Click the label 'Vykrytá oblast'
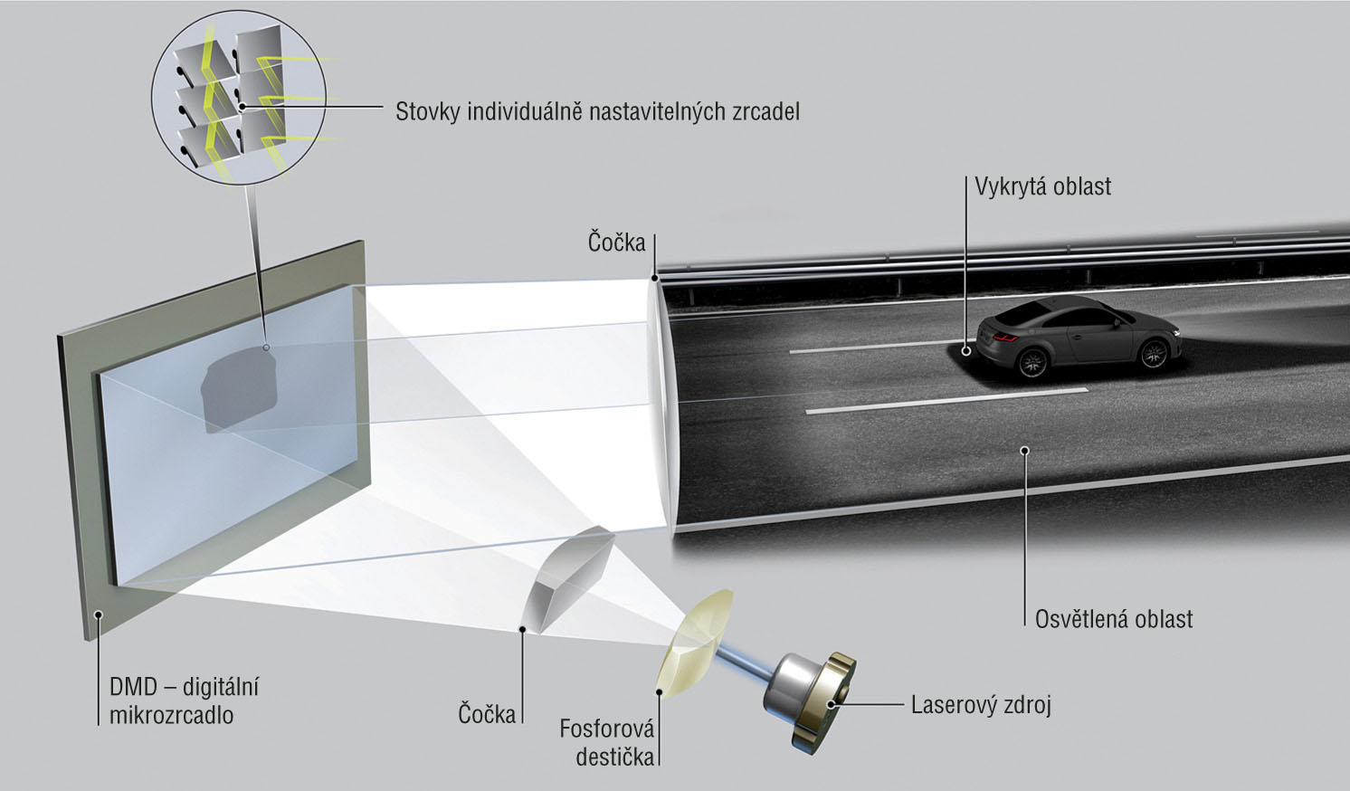[1042, 186]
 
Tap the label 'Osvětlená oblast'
[1114, 619]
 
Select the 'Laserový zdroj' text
[981, 705]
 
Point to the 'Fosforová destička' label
[607, 743]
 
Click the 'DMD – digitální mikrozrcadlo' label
[184, 701]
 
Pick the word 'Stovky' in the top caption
[427, 111]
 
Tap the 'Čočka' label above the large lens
[616, 243]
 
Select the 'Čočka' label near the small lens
[487, 714]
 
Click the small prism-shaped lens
[568, 579]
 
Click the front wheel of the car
[1154, 354]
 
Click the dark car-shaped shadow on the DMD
[239, 389]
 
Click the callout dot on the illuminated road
[1024, 451]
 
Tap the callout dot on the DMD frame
[99, 615]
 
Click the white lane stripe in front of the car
[946, 400]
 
